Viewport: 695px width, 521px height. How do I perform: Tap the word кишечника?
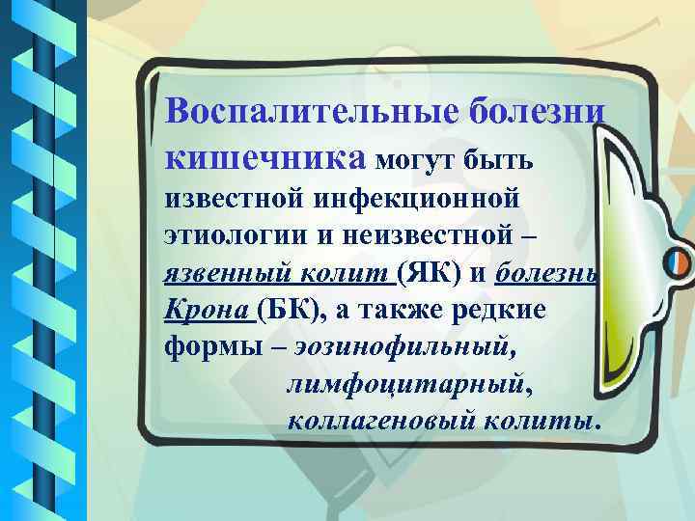(x=264, y=155)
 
